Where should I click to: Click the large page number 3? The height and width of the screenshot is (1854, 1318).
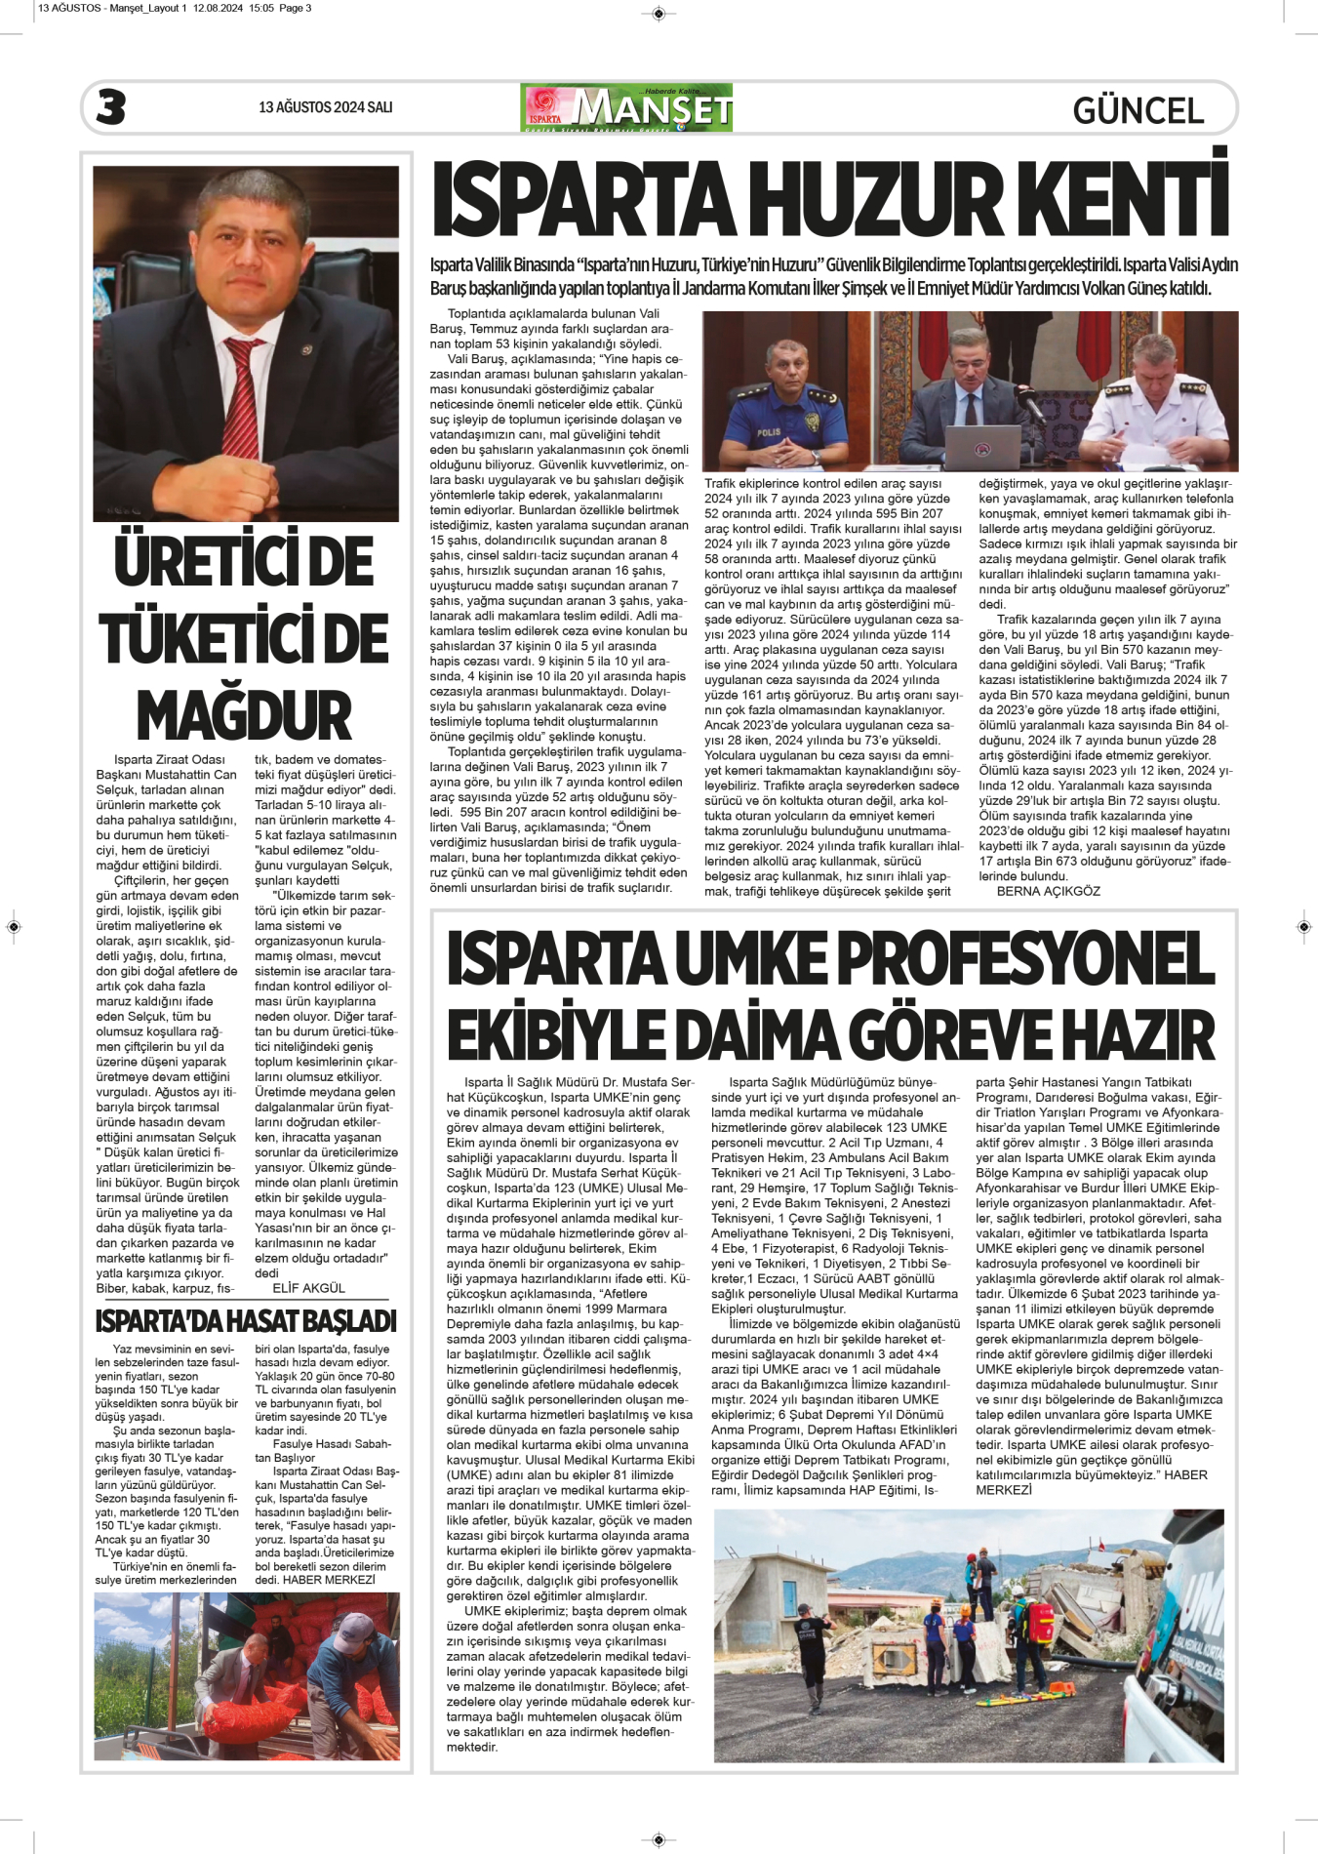[111, 107]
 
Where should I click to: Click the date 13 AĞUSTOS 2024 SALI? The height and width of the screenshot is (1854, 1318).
[325, 107]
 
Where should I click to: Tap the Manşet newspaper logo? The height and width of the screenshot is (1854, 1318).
[626, 107]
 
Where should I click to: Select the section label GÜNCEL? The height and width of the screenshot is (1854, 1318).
[1138, 110]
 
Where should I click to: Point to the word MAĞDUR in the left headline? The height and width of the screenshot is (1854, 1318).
[244, 715]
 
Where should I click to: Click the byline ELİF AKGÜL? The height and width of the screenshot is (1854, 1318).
[308, 1288]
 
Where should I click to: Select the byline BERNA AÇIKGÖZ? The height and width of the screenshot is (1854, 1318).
[1048, 891]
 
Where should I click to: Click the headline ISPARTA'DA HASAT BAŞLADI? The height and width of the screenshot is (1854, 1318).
[246, 1321]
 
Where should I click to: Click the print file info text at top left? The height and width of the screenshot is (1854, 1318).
[175, 8]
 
